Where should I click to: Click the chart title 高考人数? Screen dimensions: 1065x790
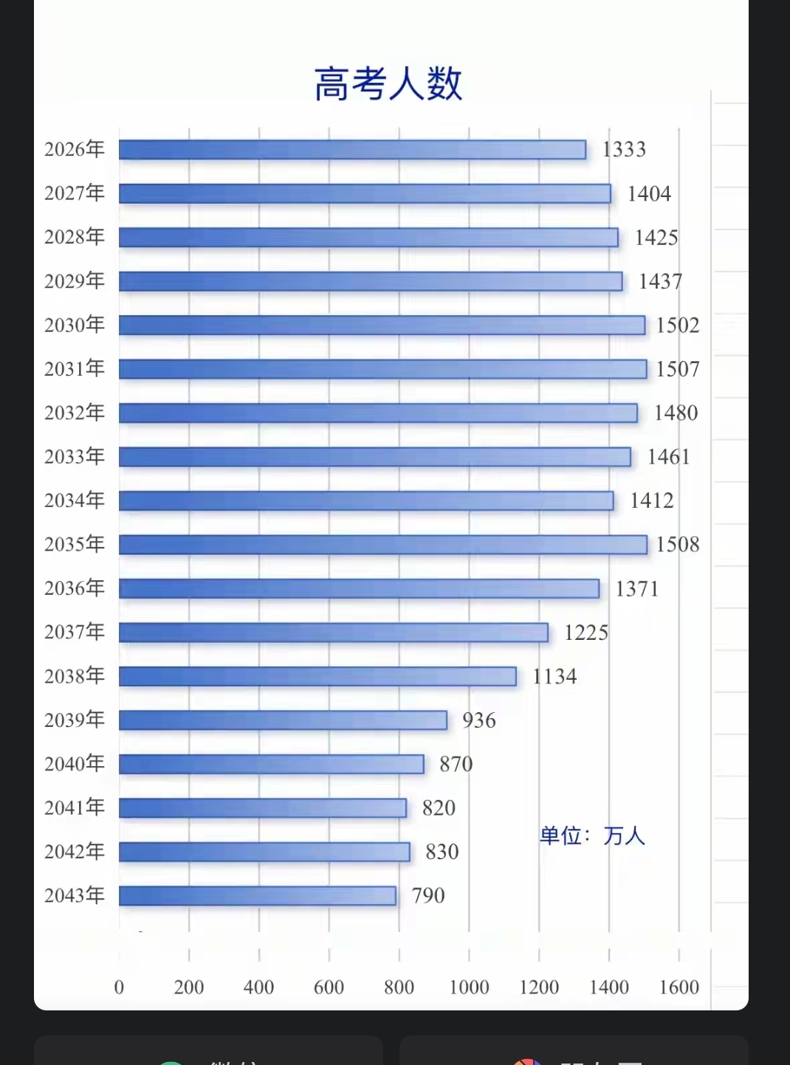[x=388, y=83]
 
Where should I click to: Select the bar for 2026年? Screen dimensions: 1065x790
[x=352, y=150]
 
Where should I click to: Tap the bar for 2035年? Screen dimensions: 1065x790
[x=382, y=545]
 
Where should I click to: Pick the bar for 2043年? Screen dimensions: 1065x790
[x=257, y=896]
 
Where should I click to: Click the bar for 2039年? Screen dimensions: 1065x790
[x=283, y=720]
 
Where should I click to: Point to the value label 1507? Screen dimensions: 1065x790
[x=678, y=369]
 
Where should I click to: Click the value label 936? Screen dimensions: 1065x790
[x=479, y=720]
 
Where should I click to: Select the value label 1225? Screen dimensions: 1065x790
[x=586, y=633]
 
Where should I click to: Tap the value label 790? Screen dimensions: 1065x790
[x=428, y=896]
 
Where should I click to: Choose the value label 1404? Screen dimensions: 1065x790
[x=649, y=194]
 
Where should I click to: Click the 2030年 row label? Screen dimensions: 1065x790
[x=75, y=325]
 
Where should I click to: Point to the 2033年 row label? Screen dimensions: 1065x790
[x=75, y=457]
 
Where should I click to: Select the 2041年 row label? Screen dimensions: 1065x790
[x=75, y=807]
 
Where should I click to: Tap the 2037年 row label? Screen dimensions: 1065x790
[x=75, y=633]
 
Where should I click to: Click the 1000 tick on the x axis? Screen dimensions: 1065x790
[x=469, y=988]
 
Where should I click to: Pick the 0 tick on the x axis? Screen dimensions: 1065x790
[x=119, y=988]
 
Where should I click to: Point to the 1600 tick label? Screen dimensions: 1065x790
[x=679, y=988]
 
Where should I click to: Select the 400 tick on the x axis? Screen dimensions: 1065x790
[x=258, y=988]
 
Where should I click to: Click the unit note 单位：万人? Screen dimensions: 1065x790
[x=592, y=836]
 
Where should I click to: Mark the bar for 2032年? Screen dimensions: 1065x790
[x=378, y=413]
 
